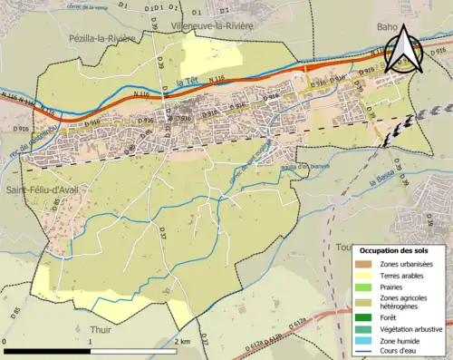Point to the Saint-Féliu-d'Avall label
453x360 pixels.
point(40,190)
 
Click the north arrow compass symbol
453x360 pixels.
point(402,49)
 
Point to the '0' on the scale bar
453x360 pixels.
point(5,342)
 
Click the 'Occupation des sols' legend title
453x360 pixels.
point(393,250)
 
